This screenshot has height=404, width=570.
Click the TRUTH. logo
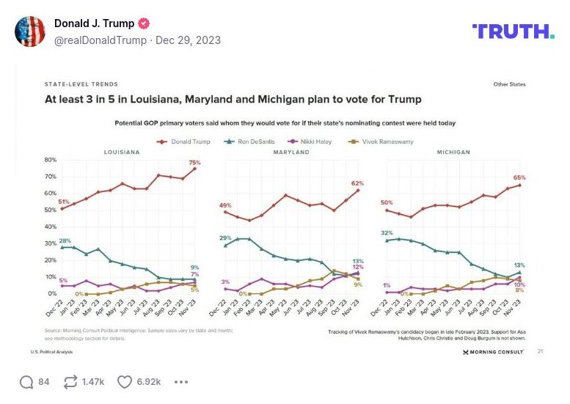tap(513, 31)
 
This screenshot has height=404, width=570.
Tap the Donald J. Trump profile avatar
tap(30, 31)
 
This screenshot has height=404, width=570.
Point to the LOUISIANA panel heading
tap(122, 152)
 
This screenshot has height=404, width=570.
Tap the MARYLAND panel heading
tap(291, 152)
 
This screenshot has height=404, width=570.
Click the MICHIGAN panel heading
tap(453, 152)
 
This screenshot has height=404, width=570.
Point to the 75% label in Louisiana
tap(194, 162)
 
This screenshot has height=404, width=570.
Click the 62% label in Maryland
tap(358, 183)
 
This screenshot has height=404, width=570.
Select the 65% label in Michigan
tap(519, 178)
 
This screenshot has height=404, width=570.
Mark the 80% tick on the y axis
tap(51, 160)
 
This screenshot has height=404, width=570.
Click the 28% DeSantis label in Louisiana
tap(65, 241)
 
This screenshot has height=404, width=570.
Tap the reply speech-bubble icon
tap(26, 382)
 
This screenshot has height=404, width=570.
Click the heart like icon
tap(125, 382)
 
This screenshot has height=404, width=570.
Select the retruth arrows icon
tap(71, 382)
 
